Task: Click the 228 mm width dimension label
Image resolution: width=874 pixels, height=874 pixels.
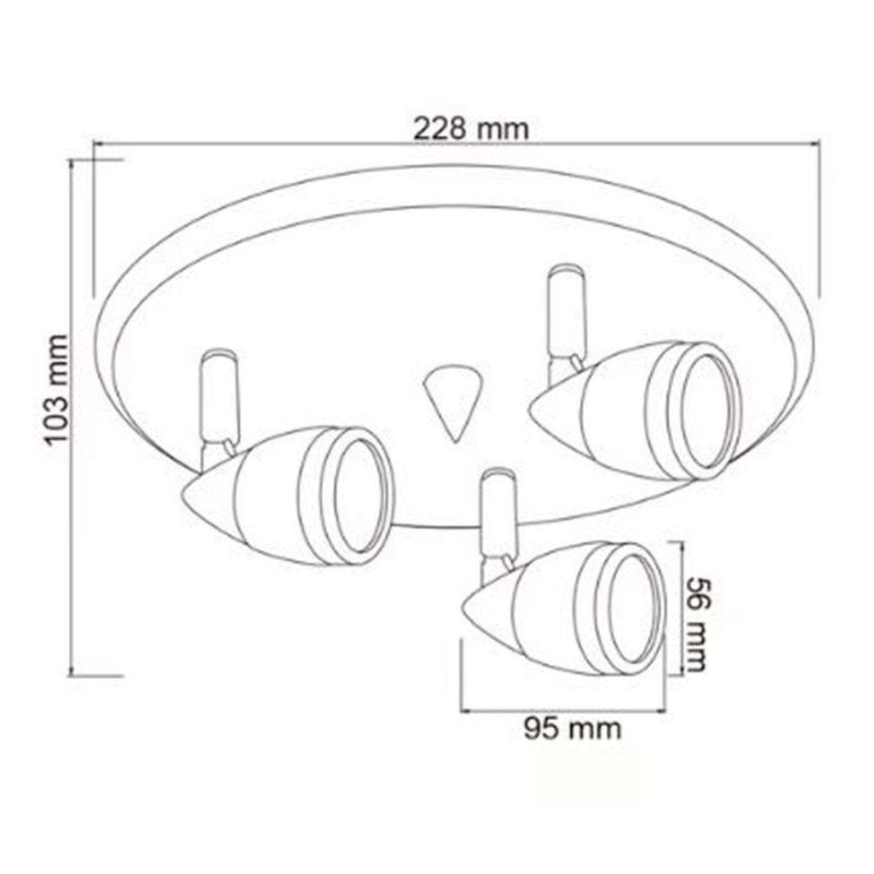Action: [x=471, y=129]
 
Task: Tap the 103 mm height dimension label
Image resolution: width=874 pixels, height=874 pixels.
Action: [x=58, y=389]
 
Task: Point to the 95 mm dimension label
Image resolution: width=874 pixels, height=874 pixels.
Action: [x=572, y=729]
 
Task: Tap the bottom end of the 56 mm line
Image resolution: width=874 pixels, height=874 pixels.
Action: [x=680, y=674]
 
